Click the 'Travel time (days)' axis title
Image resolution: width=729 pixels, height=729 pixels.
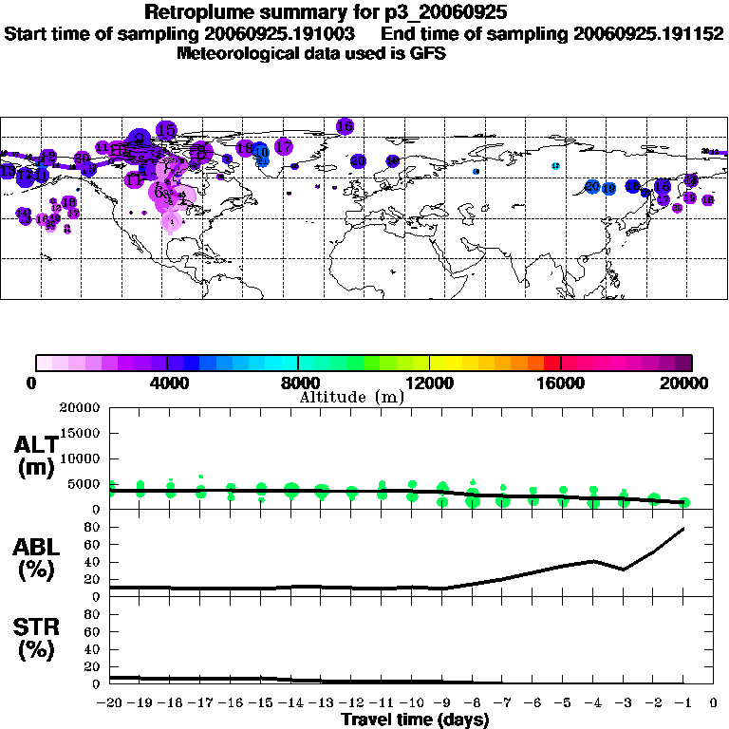pos(414,720)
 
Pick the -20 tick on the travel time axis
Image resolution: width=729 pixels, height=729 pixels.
pos(110,703)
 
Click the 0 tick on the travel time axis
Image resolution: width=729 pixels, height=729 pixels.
pos(713,703)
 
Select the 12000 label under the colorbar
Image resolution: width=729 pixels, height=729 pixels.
pos(430,383)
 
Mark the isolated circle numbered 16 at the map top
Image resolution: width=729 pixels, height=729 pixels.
pos(345,126)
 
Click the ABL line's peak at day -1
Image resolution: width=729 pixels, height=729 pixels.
pos(683,528)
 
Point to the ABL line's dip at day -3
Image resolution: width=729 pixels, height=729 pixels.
pos(623,570)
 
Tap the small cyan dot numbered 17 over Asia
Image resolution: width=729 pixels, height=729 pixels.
pos(555,166)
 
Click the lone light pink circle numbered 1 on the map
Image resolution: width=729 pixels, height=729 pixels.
pos(172,221)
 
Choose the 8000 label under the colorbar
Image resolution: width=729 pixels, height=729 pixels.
pos(298,383)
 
